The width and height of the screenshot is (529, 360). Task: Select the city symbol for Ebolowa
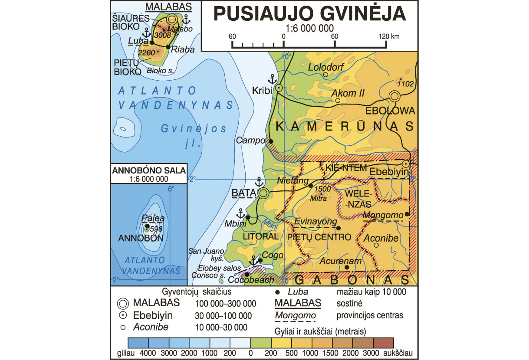point(394,96)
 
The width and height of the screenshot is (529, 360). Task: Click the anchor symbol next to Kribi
point(272,79)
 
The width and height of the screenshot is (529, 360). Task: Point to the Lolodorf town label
point(325,67)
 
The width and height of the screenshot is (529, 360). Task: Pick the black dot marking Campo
point(271,141)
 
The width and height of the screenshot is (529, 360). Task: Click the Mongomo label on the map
point(382,215)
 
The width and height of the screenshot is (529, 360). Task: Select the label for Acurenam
point(334,261)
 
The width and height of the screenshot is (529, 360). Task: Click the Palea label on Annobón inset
point(149,219)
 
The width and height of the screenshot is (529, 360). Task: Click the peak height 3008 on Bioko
point(162,35)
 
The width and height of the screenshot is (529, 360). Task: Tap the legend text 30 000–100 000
point(224,315)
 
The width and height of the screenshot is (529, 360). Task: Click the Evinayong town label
point(315,222)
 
